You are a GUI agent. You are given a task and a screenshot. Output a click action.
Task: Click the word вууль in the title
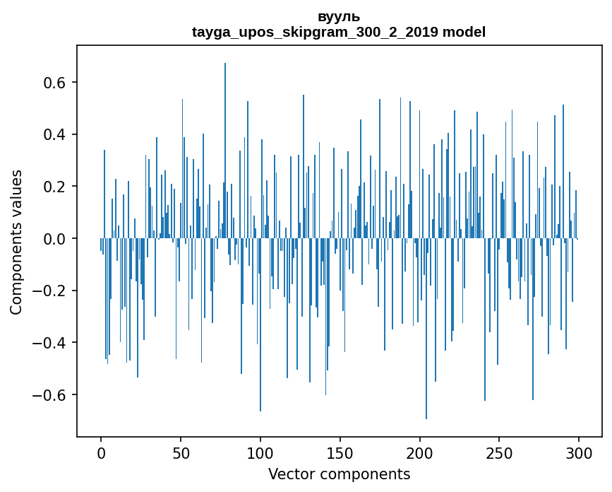339,17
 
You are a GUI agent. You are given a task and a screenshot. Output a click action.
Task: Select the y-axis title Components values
16,242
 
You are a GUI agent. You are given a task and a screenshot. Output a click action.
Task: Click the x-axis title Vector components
339,474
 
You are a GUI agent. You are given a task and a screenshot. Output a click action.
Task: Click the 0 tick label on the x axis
101,452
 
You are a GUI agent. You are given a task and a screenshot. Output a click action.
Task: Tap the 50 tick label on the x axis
181,452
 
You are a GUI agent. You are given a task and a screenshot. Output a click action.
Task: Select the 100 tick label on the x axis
260,452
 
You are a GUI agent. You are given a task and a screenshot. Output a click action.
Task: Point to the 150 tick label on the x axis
340,452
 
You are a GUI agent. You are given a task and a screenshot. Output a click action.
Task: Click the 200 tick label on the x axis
420,452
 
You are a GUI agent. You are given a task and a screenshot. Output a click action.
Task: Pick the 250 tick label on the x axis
500,452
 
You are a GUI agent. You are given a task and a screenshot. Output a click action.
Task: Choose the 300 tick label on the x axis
579,452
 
